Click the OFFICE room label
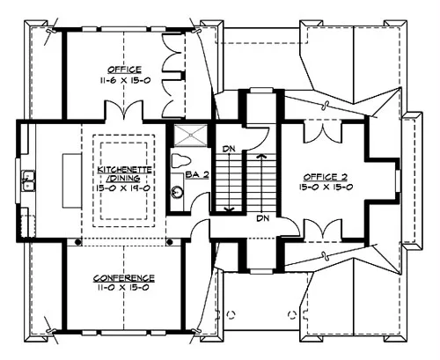pos(125,70)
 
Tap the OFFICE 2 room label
pos(326,177)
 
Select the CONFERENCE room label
pos(124,278)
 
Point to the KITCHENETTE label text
pos(124,170)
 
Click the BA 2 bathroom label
pos(197,175)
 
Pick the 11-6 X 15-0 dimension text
pos(125,80)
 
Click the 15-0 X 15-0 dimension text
pos(326,187)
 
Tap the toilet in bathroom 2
pos(181,161)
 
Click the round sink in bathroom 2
pos(178,192)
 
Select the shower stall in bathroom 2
pos(191,136)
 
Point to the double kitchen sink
pos(28,180)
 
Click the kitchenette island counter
pos(72,180)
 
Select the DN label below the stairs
pos(262,218)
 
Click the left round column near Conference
pos(77,242)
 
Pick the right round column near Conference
pos(170,242)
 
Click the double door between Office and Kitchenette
pos(124,109)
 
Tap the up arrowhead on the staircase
pos(260,156)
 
